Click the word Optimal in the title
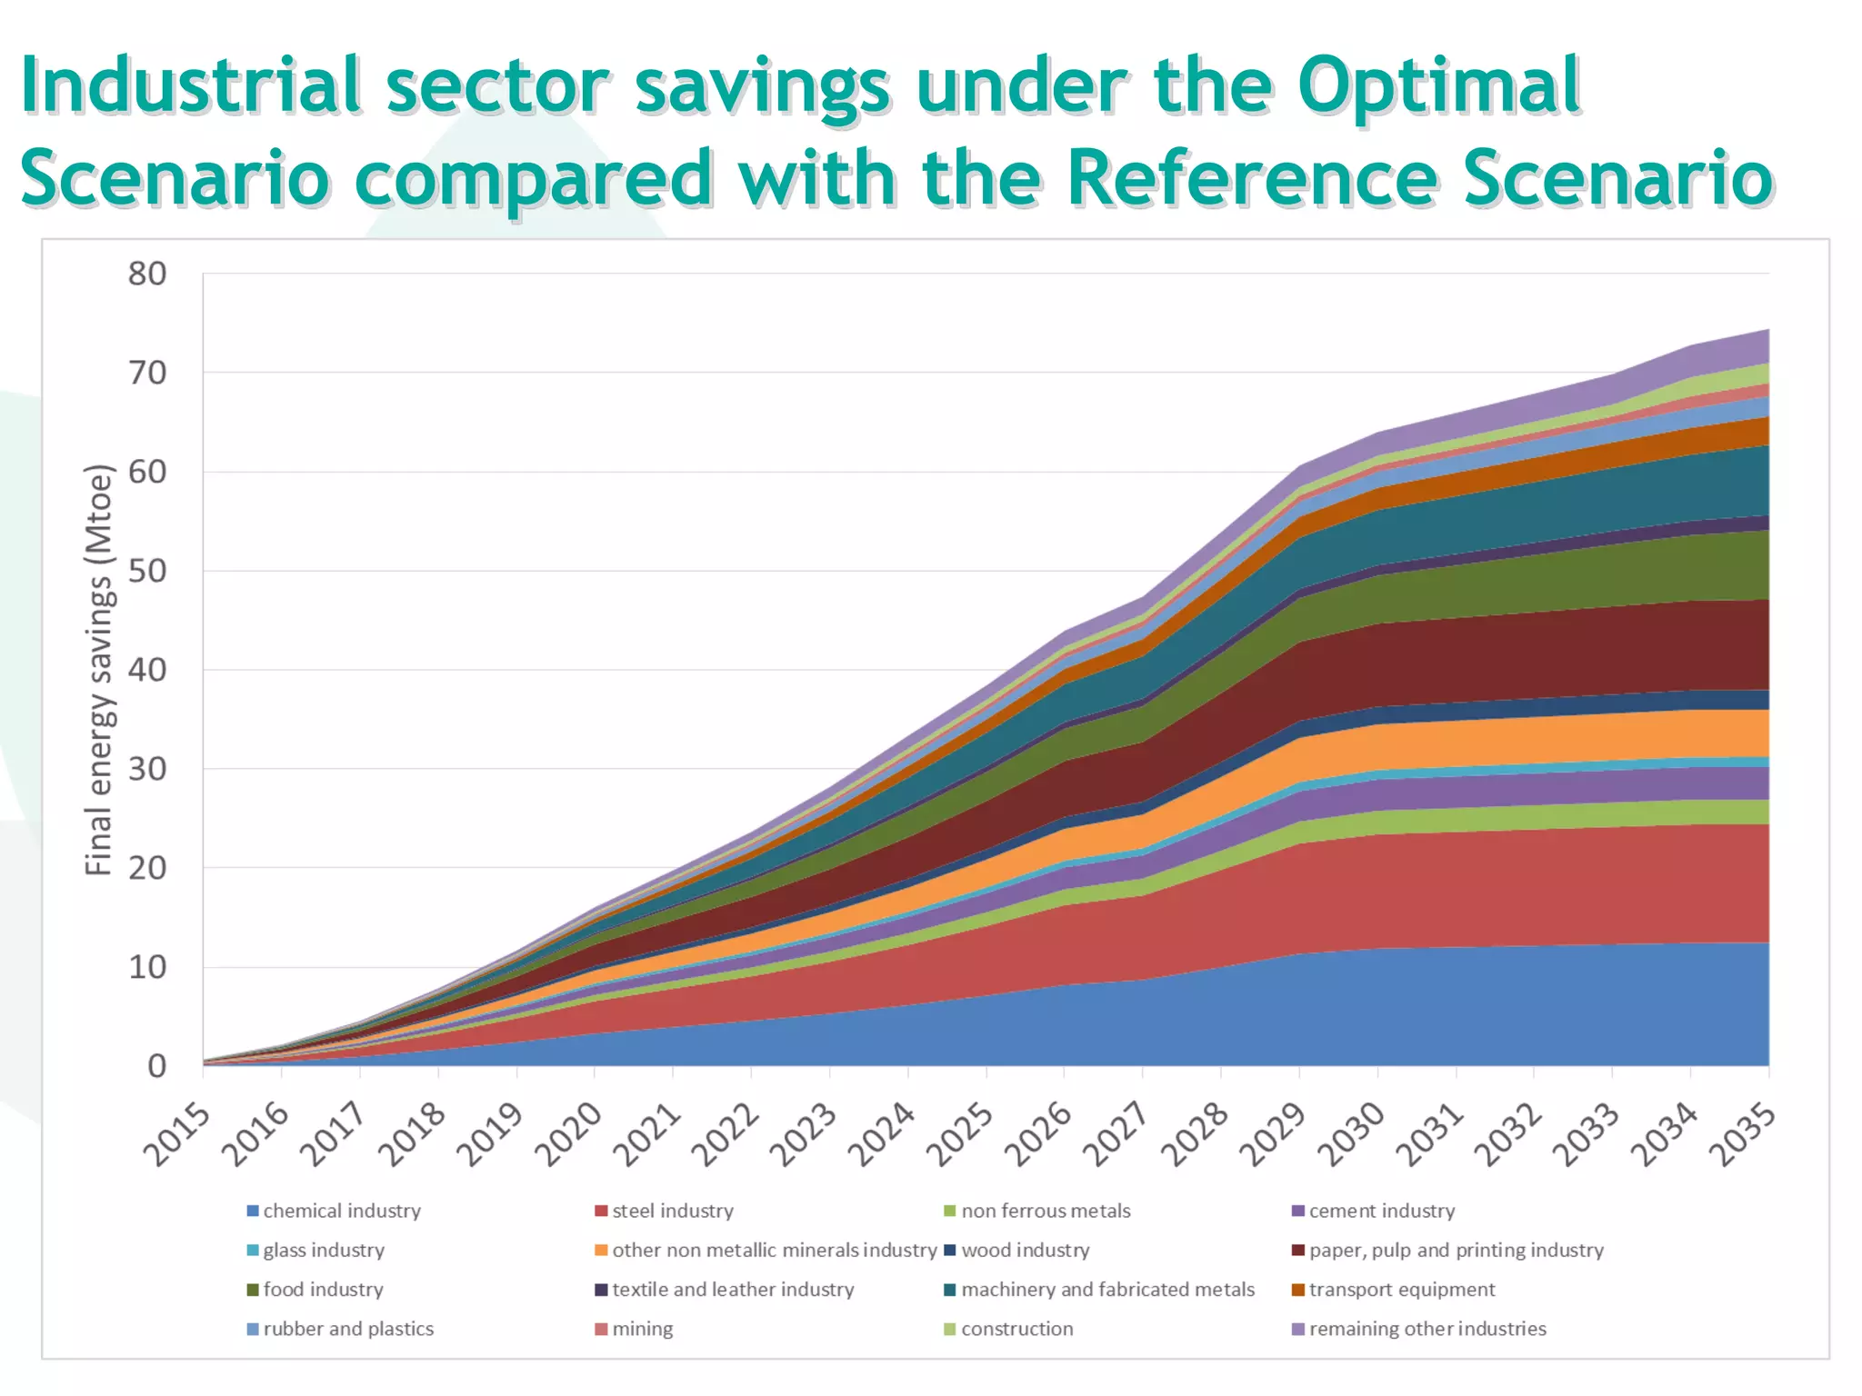click(1438, 86)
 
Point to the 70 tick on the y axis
click(147, 373)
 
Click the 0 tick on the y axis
click(156, 1065)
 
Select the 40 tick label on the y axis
click(147, 670)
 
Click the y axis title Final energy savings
click(98, 670)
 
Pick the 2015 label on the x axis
click(176, 1135)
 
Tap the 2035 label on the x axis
click(1742, 1135)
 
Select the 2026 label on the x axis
click(1037, 1135)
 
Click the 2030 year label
click(1351, 1135)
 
